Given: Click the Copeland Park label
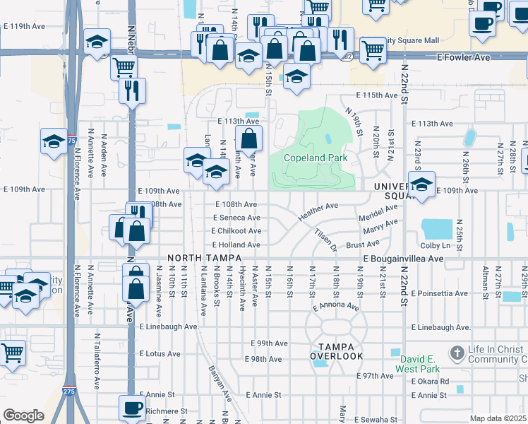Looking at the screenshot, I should pos(316,158).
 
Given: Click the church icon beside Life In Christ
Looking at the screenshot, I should pos(457,352).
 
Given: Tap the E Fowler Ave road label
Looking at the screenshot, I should pos(462,57).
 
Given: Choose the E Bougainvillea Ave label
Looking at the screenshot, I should pos(403,259).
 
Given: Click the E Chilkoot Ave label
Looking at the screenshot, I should pos(236,231).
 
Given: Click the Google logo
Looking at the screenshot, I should pos(23,416).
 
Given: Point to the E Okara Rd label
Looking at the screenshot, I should pos(431,382).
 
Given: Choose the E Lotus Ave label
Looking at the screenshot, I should pos(160,353).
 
